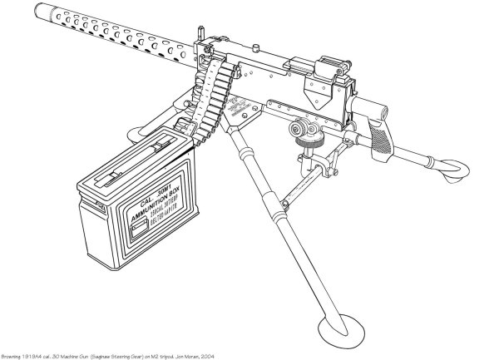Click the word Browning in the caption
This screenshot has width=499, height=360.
pos(14,353)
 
